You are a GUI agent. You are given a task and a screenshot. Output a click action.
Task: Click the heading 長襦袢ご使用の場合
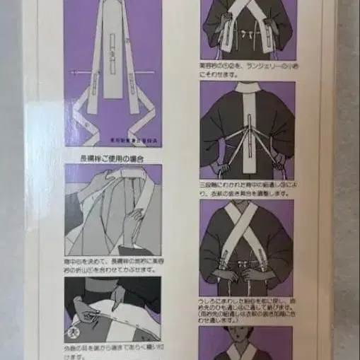tap(113, 156)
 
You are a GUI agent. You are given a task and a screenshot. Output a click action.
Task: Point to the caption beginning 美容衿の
tap(245, 69)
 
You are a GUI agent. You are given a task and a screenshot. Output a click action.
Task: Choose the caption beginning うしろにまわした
tap(245, 306)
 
